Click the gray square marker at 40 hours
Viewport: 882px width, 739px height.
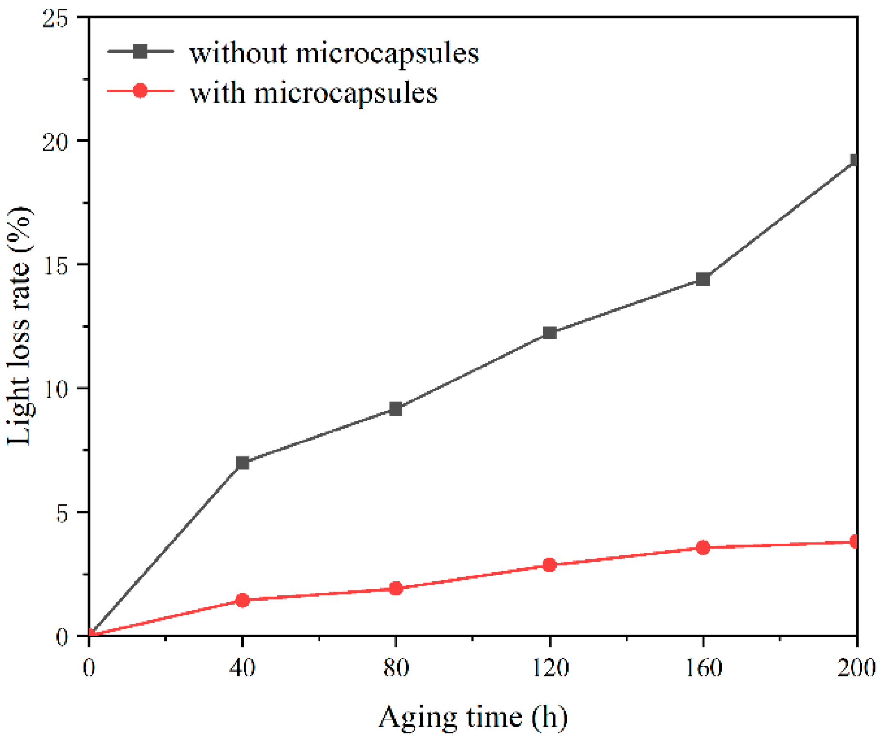pyautogui.click(x=242, y=462)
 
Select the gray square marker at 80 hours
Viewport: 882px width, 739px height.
pyautogui.click(x=396, y=409)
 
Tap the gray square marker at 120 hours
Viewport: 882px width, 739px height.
pyautogui.click(x=549, y=333)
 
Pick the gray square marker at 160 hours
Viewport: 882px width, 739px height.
pyautogui.click(x=703, y=279)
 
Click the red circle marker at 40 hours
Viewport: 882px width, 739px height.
pyautogui.click(x=242, y=600)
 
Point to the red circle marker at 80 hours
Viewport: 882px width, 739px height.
pyautogui.click(x=396, y=588)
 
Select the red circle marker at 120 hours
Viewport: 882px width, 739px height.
pyautogui.click(x=549, y=565)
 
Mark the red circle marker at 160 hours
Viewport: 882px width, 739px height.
pyautogui.click(x=703, y=547)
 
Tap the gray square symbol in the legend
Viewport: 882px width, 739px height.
pyautogui.click(x=140, y=51)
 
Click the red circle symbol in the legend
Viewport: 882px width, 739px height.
pyautogui.click(x=140, y=91)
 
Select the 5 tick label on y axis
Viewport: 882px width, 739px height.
pyautogui.click(x=62, y=513)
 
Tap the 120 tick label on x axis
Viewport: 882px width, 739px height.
pyautogui.click(x=549, y=667)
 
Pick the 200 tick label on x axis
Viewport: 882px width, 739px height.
pyautogui.click(x=856, y=667)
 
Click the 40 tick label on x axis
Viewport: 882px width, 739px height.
pyautogui.click(x=242, y=667)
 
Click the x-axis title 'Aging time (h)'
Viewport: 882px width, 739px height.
pyautogui.click(x=473, y=717)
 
